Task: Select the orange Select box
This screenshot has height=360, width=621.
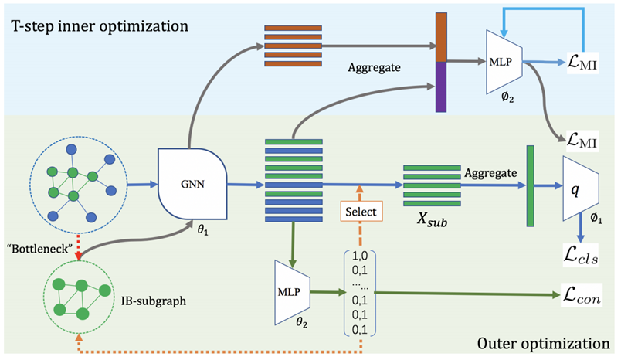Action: pyautogui.click(x=360, y=210)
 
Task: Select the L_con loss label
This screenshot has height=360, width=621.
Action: pyautogui.click(x=581, y=295)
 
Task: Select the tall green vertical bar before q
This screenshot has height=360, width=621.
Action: pyautogui.click(x=530, y=185)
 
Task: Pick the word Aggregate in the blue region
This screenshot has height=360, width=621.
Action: pyautogui.click(x=373, y=68)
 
